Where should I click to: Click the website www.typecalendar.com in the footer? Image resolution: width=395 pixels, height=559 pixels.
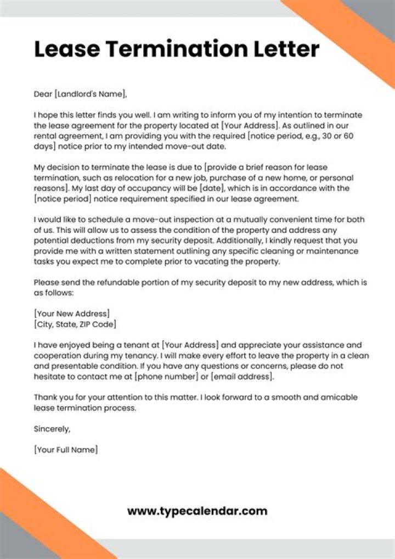click(x=198, y=511)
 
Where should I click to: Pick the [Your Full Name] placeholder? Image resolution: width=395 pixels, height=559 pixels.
click(x=66, y=449)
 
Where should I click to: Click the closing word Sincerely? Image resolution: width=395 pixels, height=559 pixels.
click(x=52, y=428)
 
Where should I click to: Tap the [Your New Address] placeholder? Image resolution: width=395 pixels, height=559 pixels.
click(x=72, y=314)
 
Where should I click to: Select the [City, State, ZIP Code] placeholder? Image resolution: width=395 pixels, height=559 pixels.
click(x=75, y=324)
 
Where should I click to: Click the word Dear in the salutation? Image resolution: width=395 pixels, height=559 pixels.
click(x=43, y=94)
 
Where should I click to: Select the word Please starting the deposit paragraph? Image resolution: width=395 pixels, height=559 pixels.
click(x=48, y=282)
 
